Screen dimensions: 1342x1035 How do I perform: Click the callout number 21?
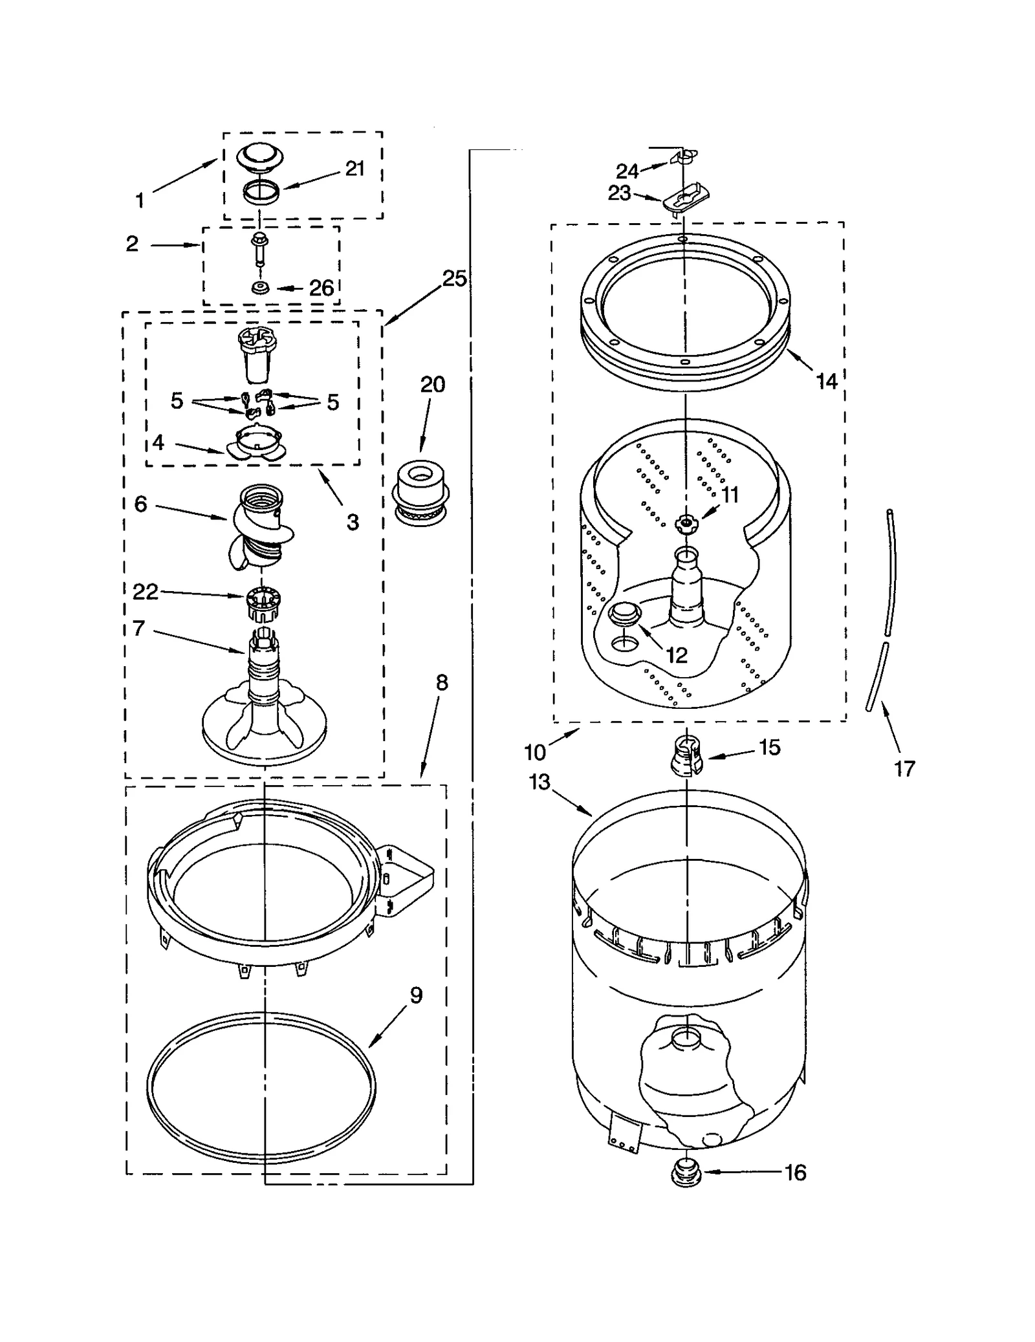pos(355,169)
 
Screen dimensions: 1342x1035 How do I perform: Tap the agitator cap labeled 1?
pos(261,158)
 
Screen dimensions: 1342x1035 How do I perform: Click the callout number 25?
pos(454,279)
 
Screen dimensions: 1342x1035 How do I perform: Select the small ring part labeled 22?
pos(262,603)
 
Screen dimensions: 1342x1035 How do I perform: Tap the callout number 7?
pos(138,627)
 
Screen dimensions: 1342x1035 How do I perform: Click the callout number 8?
pos(442,682)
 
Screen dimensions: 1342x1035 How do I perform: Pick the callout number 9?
pos(416,995)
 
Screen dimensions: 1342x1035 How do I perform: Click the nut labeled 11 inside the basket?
pos(686,523)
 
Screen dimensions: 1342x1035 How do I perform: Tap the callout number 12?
pos(676,655)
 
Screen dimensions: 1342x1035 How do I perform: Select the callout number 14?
pos(826,382)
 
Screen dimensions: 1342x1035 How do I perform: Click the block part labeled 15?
pos(686,755)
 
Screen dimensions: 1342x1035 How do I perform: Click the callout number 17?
pos(904,768)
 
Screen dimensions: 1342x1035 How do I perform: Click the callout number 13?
pos(539,782)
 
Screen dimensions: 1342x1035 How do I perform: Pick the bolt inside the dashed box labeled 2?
pos(259,250)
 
